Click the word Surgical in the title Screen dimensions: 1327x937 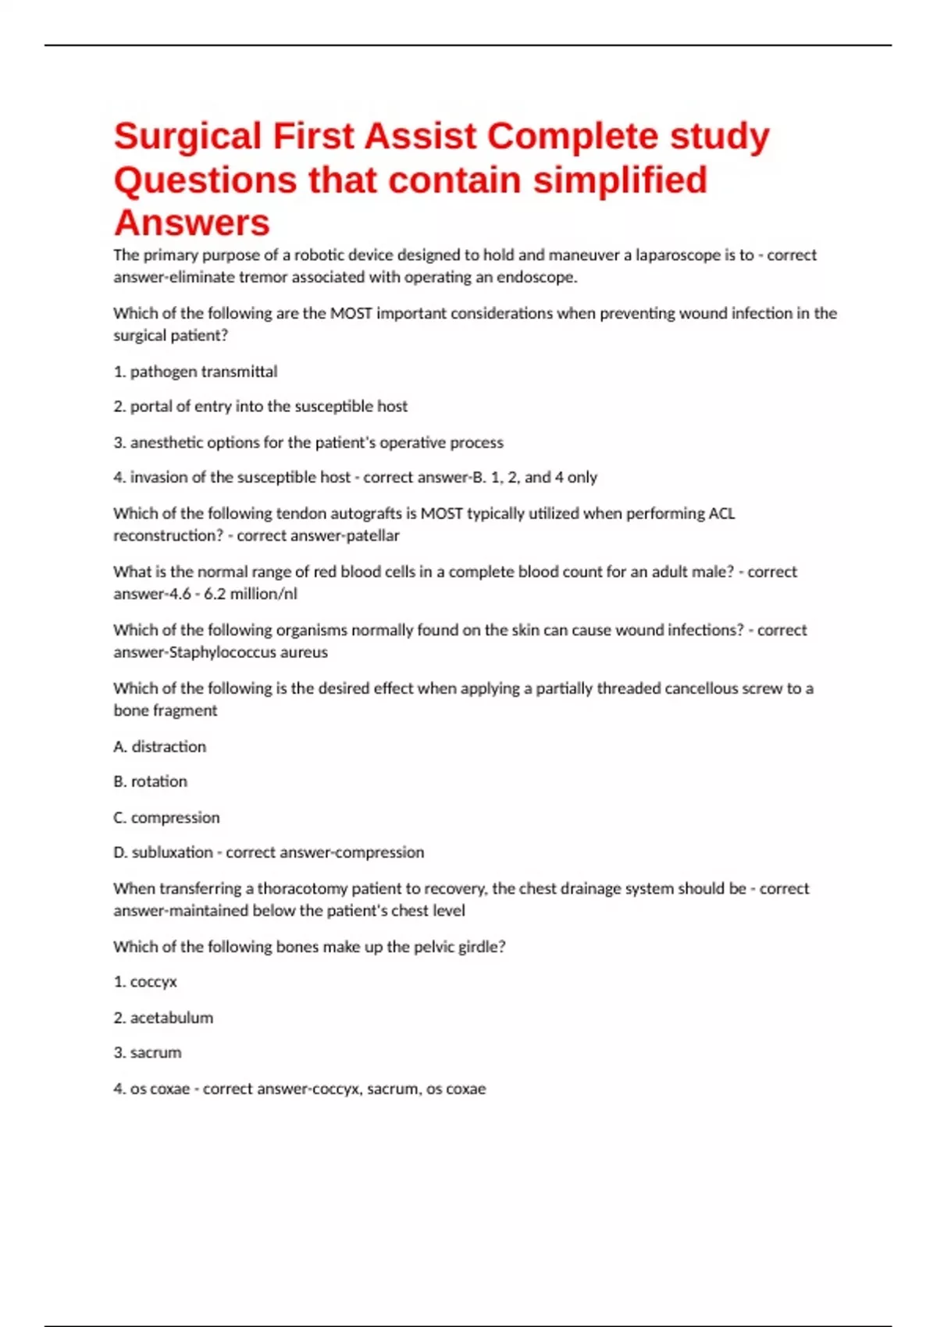coord(187,137)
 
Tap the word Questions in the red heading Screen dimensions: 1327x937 coord(205,180)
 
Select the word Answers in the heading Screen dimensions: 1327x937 coord(192,223)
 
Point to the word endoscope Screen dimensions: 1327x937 coord(536,277)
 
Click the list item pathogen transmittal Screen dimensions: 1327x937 coord(195,372)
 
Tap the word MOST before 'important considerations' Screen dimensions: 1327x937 coord(351,314)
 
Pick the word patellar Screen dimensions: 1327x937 coord(373,535)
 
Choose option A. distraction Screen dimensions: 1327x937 coord(160,747)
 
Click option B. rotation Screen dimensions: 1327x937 coord(151,781)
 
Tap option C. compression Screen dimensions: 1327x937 coord(166,818)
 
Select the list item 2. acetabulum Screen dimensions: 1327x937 coord(163,1018)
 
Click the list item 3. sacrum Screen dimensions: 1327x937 coord(148,1053)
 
